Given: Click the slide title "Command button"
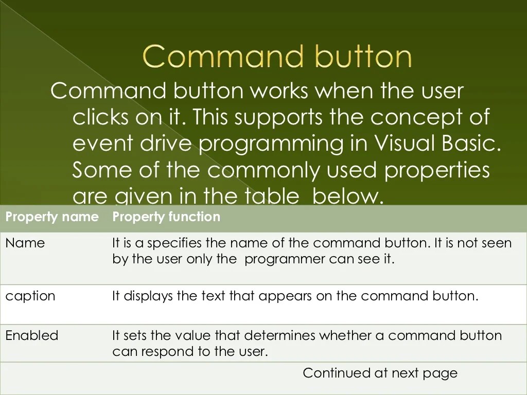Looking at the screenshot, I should click(x=277, y=57).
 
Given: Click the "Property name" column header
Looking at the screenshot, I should click(x=51, y=217).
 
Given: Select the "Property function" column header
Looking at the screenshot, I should click(x=166, y=217).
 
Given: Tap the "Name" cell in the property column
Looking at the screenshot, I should click(x=25, y=243).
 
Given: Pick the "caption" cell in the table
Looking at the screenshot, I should click(x=30, y=296).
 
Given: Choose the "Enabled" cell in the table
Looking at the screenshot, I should click(x=32, y=335).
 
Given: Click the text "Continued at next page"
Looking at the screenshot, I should click(x=380, y=373).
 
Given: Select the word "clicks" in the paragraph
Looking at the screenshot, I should click(x=100, y=117).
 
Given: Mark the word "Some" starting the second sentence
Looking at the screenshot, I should click(x=102, y=170).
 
